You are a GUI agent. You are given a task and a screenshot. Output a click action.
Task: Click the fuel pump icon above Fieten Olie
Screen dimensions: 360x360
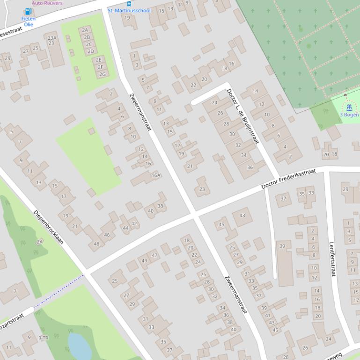28,12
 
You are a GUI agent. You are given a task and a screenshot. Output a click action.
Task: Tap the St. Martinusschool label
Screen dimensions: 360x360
129,10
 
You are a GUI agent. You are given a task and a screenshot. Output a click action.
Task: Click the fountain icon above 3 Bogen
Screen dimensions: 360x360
349,107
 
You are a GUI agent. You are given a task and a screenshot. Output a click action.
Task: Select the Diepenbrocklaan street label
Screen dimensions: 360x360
48,227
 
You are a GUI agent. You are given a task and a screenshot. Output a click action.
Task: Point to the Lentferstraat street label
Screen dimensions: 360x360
332,259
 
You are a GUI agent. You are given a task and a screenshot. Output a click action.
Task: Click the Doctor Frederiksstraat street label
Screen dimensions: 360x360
288,180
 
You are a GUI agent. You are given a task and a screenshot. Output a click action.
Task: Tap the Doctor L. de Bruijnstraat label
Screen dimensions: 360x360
242,116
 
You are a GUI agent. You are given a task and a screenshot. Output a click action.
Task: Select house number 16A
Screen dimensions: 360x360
156,175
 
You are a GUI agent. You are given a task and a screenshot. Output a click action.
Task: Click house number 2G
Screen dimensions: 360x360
102,74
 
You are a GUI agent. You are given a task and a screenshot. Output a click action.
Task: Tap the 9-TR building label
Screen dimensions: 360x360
44,338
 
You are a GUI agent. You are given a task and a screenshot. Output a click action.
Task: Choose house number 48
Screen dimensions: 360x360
96,244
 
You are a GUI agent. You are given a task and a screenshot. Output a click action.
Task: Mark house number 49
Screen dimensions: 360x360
144,261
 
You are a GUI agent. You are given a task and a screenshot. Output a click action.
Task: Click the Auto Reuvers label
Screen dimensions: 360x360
47,3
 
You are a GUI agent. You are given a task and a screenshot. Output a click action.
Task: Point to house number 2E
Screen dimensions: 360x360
98,60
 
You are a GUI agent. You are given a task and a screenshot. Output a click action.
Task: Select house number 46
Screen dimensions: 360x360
107,235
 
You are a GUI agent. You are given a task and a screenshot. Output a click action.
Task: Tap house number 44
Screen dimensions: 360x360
125,228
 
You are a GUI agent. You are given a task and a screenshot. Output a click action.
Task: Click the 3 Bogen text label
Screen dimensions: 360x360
349,115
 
